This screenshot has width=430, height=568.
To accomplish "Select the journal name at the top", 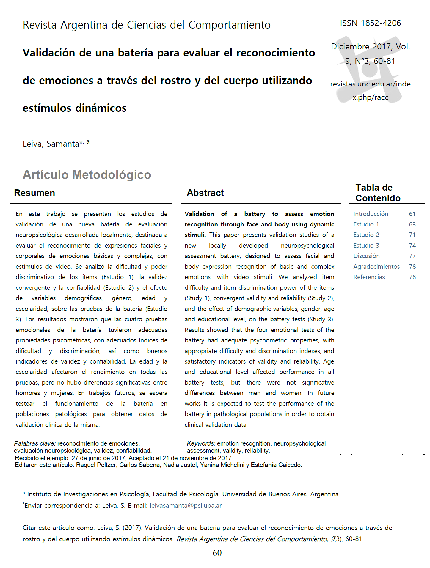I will pyautogui.click(x=147, y=25).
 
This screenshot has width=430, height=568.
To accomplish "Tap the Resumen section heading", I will pyautogui.click(x=34, y=193).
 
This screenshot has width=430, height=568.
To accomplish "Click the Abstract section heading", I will pyautogui.click(x=205, y=193).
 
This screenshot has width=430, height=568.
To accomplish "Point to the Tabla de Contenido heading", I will pyautogui.click(x=378, y=193).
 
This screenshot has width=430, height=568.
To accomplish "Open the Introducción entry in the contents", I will pyautogui.click(x=371, y=214).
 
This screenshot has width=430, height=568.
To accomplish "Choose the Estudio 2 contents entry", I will pyautogui.click(x=366, y=235).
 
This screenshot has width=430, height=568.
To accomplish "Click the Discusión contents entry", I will pyautogui.click(x=366, y=256).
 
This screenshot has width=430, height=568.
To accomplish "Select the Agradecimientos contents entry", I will pyautogui.click(x=376, y=267).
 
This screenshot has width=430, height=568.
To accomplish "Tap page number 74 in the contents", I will pyautogui.click(x=412, y=246).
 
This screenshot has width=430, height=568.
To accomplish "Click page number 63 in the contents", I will pyautogui.click(x=412, y=224).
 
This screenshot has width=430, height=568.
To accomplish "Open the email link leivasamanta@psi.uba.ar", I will pyautogui.click(x=186, y=506).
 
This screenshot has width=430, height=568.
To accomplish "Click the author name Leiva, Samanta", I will pyautogui.click(x=51, y=144).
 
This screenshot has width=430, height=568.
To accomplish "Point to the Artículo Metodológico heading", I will pyautogui.click(x=87, y=175).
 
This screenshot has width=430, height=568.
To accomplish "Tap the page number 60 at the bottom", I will pyautogui.click(x=217, y=553).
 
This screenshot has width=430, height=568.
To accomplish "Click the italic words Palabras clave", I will pyautogui.click(x=34, y=443).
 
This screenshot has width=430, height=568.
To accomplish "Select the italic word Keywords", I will pyautogui.click(x=201, y=443).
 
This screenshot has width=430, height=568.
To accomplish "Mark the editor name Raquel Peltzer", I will pyautogui.click(x=96, y=465).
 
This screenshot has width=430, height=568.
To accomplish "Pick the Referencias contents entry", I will pyautogui.click(x=369, y=277).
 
